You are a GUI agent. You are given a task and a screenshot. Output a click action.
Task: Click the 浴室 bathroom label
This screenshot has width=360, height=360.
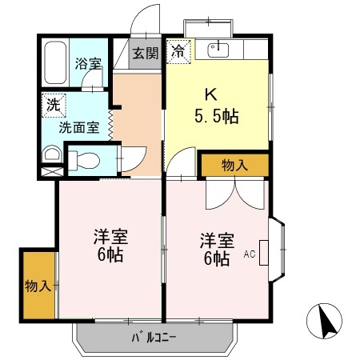[88, 64]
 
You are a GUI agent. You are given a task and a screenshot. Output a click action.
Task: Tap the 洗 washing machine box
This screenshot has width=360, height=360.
[52, 104]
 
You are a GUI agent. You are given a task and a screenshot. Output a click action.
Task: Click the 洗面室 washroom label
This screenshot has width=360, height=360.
[77, 126]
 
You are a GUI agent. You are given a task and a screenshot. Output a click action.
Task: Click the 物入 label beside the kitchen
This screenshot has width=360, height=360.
[234, 166]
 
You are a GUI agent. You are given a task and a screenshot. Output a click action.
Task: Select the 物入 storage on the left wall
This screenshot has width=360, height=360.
[38, 286]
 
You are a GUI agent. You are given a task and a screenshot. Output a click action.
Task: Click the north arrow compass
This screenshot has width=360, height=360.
[325, 324]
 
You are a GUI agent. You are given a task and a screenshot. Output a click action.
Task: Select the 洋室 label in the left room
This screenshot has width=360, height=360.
[110, 237]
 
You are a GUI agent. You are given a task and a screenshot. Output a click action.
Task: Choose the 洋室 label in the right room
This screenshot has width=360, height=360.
[217, 240]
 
